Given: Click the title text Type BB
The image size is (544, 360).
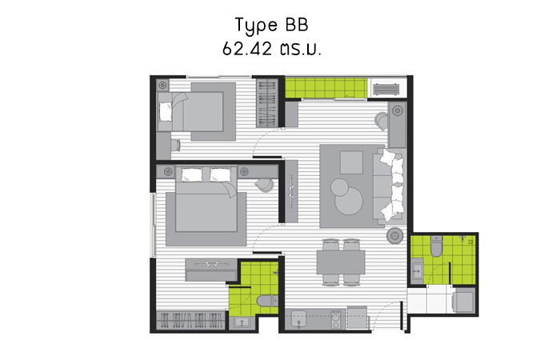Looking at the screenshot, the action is pyautogui.click(x=272, y=26).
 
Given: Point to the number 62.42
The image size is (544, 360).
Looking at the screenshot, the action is pyautogui.click(x=247, y=49).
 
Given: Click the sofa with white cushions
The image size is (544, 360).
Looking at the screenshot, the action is pyautogui.click(x=388, y=186).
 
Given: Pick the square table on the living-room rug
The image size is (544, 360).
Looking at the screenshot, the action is pyautogui.click(x=351, y=162).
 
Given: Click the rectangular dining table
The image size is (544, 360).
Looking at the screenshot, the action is pyautogui.click(x=341, y=262).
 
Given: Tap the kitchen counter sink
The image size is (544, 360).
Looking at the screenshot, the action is pyautogui.click(x=298, y=318).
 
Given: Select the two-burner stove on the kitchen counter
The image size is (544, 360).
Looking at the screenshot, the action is pyautogui.click(x=336, y=319).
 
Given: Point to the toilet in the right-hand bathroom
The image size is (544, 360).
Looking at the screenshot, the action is pyautogui.click(x=436, y=246).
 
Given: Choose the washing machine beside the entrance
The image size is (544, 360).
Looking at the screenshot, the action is pyautogui.click(x=463, y=300).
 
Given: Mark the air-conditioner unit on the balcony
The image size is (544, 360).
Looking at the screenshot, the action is pyautogui.click(x=386, y=90).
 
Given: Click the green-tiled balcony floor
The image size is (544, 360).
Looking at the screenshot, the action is pyautogui.click(x=326, y=88).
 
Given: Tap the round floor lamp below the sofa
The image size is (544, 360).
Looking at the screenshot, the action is pyautogui.click(x=395, y=235).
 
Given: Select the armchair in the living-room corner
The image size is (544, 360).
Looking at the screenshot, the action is pyautogui.click(x=382, y=121).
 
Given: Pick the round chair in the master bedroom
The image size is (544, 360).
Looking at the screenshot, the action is pyautogui.click(x=264, y=185).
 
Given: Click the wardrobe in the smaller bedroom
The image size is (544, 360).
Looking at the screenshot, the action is pyautogui.click(x=266, y=103).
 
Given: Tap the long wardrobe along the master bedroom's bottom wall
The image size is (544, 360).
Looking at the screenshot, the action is pyautogui.click(x=190, y=320).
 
